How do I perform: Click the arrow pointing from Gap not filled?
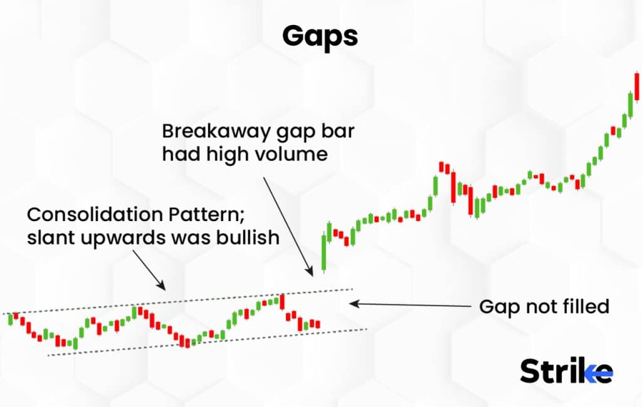pos(408,305)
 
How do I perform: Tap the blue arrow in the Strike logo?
pos(596,374)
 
